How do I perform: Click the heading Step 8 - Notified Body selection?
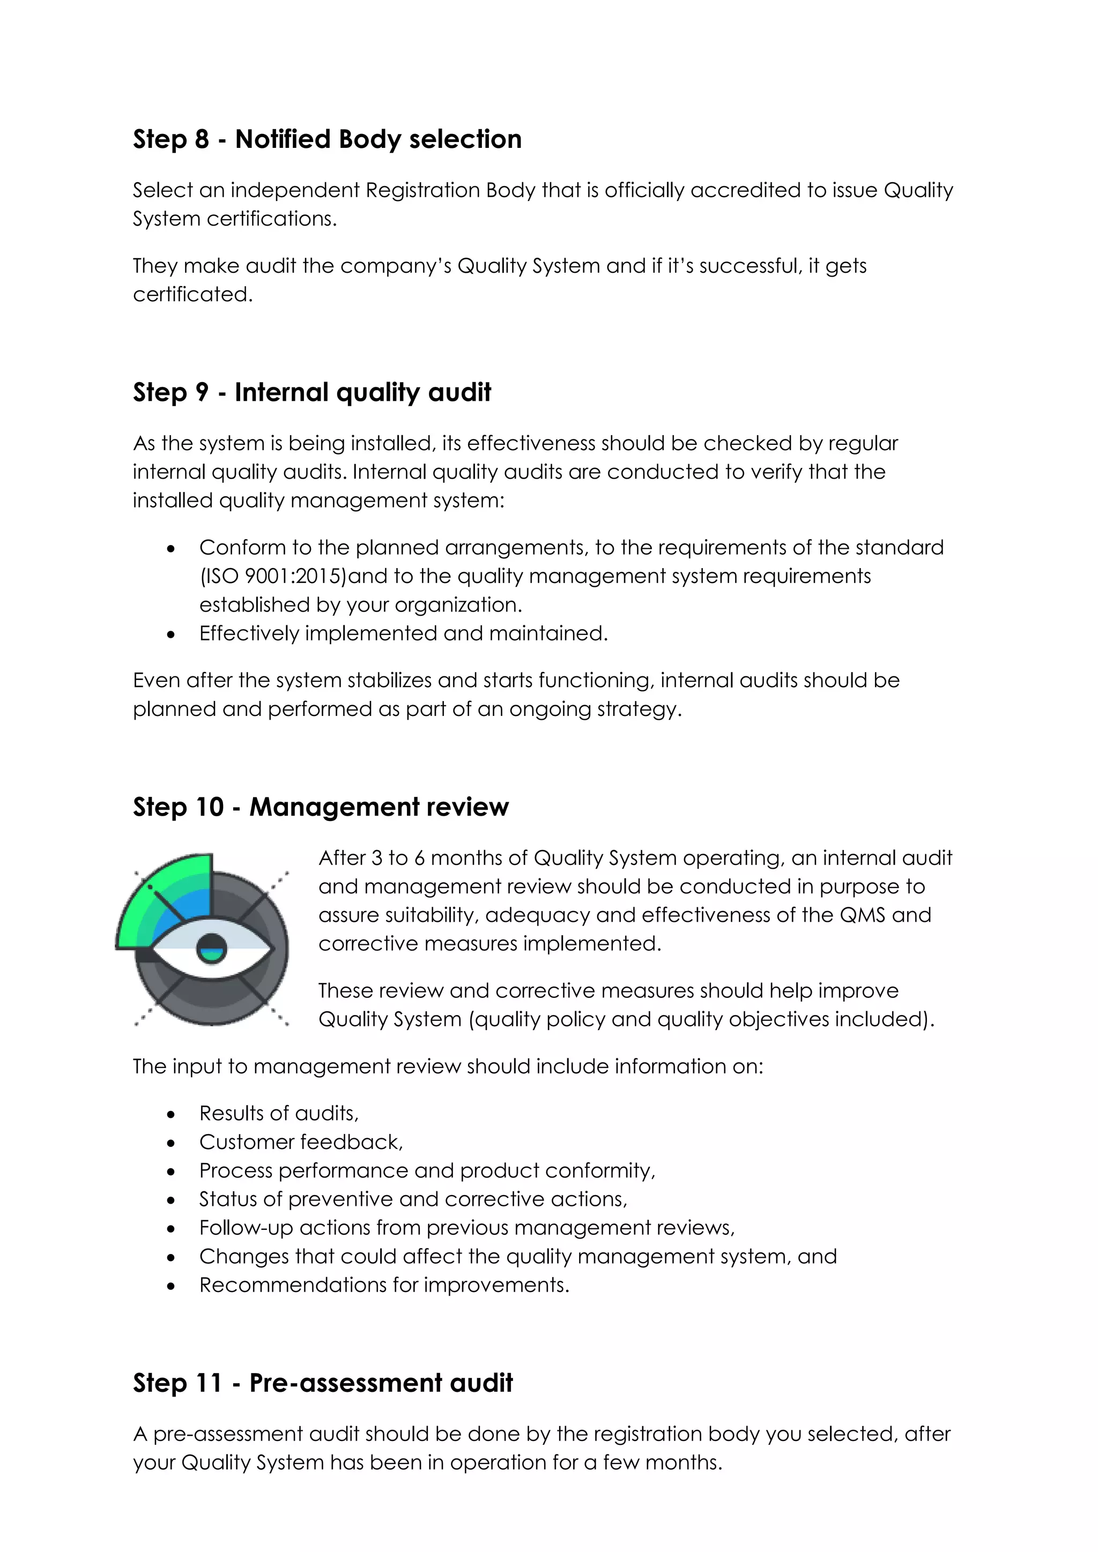[x=327, y=139]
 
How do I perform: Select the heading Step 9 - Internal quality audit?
[x=311, y=393]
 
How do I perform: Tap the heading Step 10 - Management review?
[x=321, y=807]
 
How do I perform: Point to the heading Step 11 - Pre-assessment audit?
[x=323, y=1383]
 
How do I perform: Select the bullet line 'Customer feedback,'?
[x=301, y=1141]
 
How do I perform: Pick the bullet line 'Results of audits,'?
[x=279, y=1113]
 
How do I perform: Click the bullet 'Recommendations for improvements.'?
[x=384, y=1285]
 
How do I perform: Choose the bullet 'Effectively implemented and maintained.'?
[x=404, y=633]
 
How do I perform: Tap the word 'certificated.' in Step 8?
[x=192, y=295]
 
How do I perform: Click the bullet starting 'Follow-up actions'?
[x=466, y=1228]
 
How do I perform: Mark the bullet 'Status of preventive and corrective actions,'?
[x=413, y=1199]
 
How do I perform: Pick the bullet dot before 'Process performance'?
[x=171, y=1172]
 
